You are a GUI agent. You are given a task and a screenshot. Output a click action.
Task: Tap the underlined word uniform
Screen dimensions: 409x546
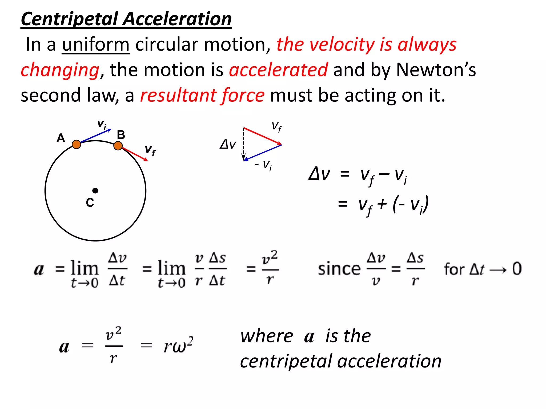(x=96, y=44)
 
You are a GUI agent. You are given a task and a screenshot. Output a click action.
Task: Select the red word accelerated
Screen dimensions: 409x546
(x=278, y=70)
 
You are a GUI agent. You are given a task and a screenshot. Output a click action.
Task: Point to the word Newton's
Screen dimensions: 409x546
(x=436, y=70)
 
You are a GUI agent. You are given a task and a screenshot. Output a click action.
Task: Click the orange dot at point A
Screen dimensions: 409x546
(x=77, y=144)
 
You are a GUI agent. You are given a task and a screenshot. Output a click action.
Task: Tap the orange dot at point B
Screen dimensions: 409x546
(x=118, y=146)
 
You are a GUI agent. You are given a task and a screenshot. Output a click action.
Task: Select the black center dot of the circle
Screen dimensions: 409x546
(x=95, y=191)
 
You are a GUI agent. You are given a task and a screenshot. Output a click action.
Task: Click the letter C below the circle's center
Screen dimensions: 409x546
(x=90, y=203)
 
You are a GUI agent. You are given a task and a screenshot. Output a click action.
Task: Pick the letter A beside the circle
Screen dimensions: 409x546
(x=61, y=138)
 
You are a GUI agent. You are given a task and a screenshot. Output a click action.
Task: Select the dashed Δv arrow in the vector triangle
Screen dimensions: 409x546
(x=243, y=144)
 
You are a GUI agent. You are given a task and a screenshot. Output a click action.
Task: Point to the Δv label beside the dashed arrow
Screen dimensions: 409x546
(x=228, y=144)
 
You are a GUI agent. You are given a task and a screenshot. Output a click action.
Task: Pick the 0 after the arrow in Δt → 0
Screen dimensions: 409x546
(x=517, y=269)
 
